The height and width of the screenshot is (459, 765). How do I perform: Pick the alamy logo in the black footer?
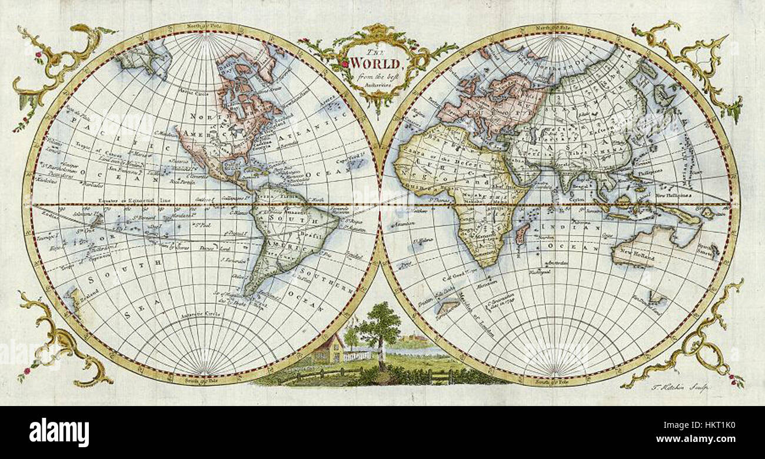pos(59,433)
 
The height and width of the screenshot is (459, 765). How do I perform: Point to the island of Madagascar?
pos(521,232)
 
